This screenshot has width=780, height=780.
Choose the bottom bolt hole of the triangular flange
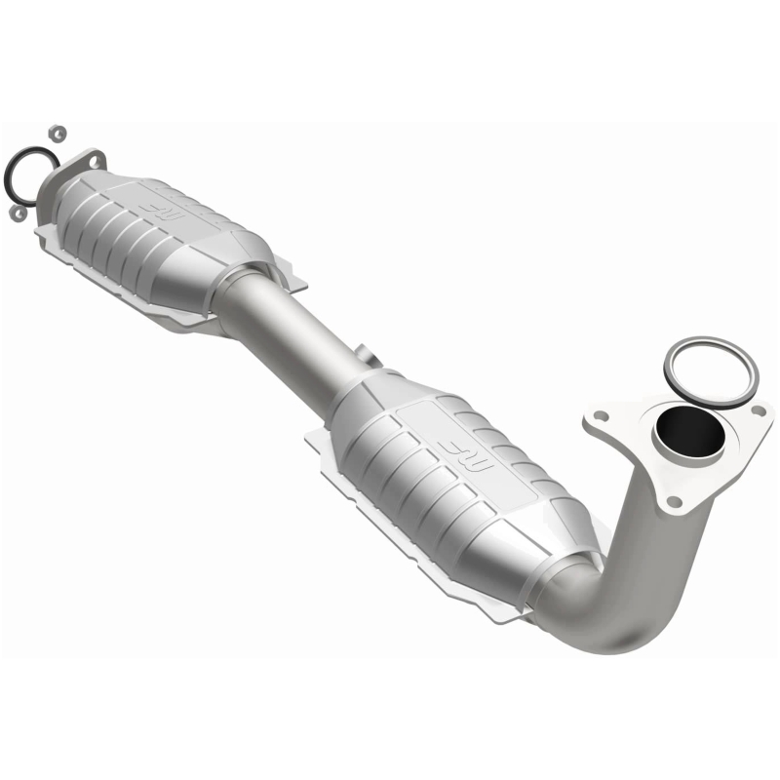pyautogui.click(x=674, y=501)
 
